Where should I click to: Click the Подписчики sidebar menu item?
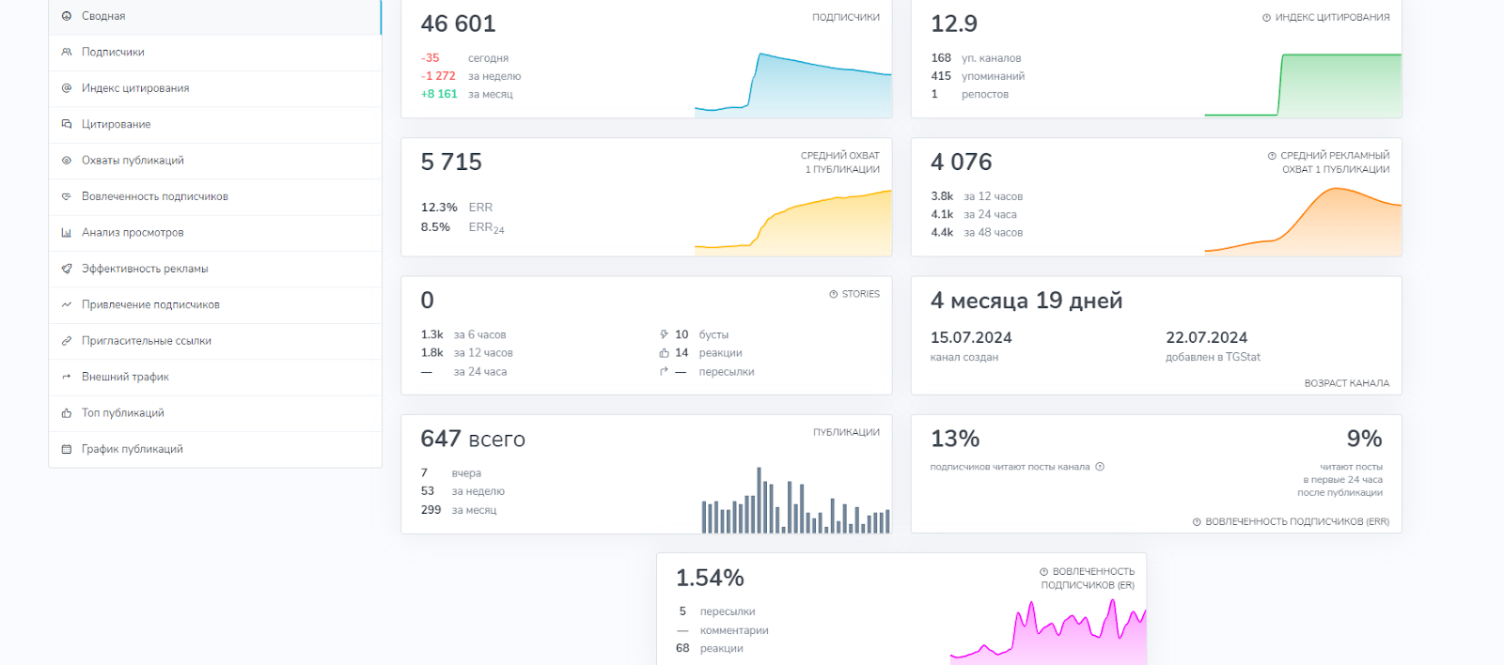[x=113, y=52]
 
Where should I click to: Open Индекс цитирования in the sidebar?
[x=135, y=88]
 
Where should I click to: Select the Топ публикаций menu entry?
[x=123, y=412]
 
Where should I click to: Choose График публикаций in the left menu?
[x=133, y=449]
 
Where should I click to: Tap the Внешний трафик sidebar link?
[x=125, y=377]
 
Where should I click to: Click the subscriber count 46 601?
[x=458, y=23]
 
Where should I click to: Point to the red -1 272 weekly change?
[x=438, y=76]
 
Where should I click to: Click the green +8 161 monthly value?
[x=438, y=94]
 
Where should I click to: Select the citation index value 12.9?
[x=954, y=23]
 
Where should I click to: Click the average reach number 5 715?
[x=451, y=162]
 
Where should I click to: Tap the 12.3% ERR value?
[x=439, y=207]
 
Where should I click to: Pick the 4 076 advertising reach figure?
[x=961, y=162]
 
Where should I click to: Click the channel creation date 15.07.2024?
[x=971, y=337]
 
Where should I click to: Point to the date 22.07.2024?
[x=1207, y=337]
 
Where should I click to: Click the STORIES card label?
[x=861, y=294]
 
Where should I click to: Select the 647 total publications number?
[x=441, y=439]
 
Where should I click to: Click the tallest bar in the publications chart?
[x=759, y=500]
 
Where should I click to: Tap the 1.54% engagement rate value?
[x=710, y=578]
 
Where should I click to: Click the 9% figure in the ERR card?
[x=1364, y=439]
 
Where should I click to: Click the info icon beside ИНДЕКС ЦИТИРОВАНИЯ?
[x=1266, y=18]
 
